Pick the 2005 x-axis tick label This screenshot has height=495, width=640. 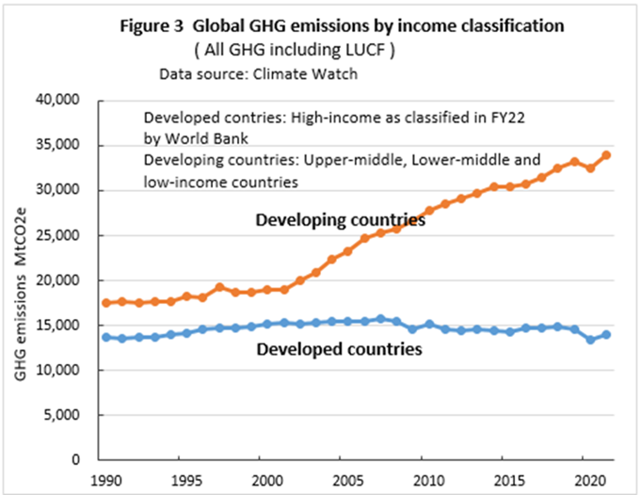347,479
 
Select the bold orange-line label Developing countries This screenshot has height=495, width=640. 342,220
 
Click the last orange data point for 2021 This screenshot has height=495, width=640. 604,155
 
